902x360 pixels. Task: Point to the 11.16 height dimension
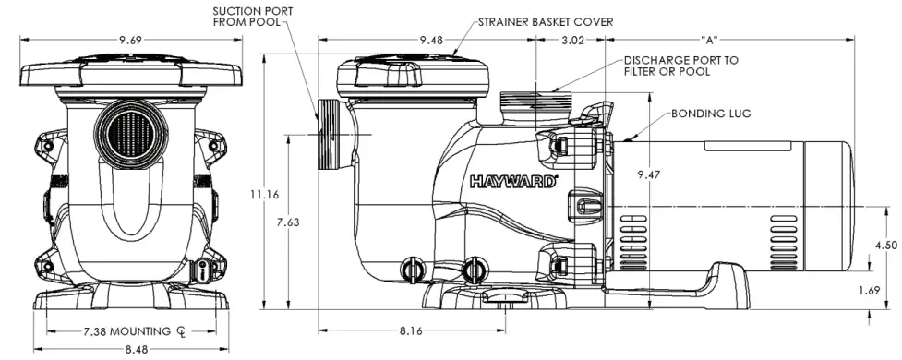click(x=264, y=194)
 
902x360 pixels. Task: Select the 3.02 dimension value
click(x=573, y=41)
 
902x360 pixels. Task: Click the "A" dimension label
click(x=710, y=41)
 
